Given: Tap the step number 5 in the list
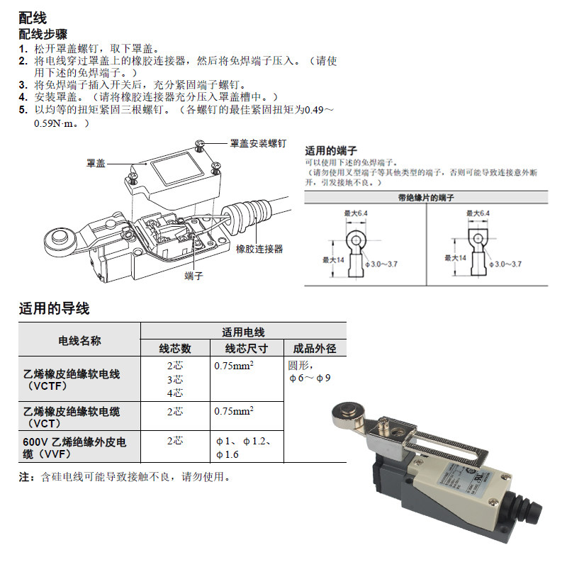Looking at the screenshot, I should tap(23, 111).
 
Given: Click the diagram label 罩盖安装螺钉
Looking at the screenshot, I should tap(258, 143).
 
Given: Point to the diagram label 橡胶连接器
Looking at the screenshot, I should tap(259, 249).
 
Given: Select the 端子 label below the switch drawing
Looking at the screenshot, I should tap(193, 275).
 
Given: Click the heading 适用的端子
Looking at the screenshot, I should tap(330, 151).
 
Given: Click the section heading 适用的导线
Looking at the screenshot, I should tap(54, 308).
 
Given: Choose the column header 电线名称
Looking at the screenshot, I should tap(79, 340).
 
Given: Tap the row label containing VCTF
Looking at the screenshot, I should tap(71, 380).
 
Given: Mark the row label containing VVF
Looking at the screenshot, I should tap(74, 448).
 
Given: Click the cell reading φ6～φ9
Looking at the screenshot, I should tap(310, 378).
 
